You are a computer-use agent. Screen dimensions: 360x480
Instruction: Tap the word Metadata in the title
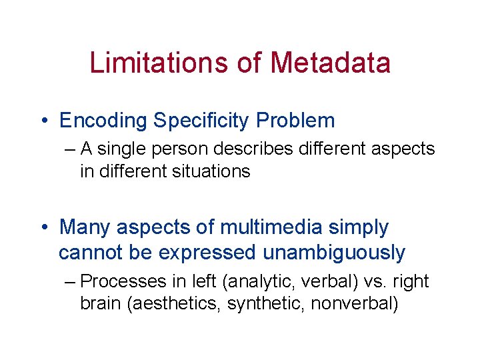[330, 63]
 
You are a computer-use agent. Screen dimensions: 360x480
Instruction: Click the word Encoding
[103, 121]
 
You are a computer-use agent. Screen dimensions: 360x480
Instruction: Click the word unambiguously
[334, 253]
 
